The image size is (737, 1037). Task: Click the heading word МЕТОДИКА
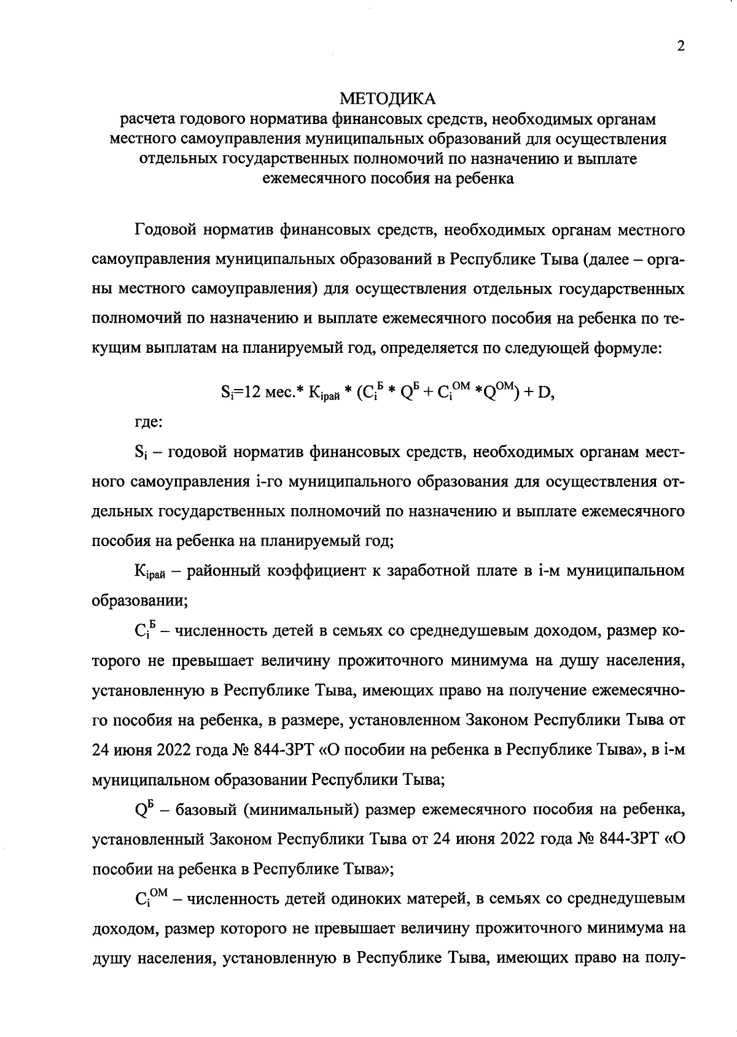click(x=388, y=98)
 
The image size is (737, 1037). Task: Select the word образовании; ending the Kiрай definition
click(x=139, y=601)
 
